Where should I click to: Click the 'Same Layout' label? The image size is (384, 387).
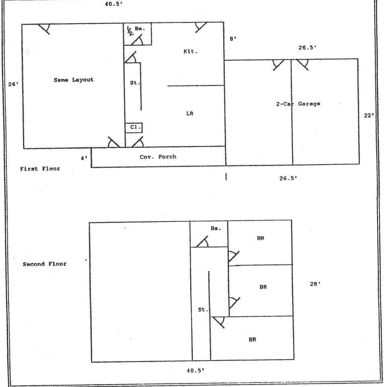click(73, 80)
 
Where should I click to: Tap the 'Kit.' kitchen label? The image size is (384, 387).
click(190, 52)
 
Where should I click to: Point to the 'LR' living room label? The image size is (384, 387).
click(190, 113)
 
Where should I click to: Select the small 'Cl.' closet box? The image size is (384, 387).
click(134, 127)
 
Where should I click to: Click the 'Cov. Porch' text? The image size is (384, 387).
click(158, 156)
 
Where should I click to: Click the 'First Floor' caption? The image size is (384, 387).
click(40, 169)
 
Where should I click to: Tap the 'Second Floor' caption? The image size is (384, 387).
click(45, 264)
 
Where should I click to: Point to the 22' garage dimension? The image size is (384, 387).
click(369, 115)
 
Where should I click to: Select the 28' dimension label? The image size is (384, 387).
click(315, 284)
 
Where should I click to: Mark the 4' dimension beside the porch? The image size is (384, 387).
click(84, 158)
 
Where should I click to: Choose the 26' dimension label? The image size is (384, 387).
click(13, 85)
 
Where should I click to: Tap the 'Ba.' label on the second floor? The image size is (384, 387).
click(216, 228)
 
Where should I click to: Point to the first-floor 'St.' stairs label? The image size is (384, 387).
click(135, 83)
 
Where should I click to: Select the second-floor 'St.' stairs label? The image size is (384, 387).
click(203, 310)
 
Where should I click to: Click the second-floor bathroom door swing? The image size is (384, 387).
click(202, 241)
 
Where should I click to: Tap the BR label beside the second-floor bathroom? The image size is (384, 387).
click(260, 238)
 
